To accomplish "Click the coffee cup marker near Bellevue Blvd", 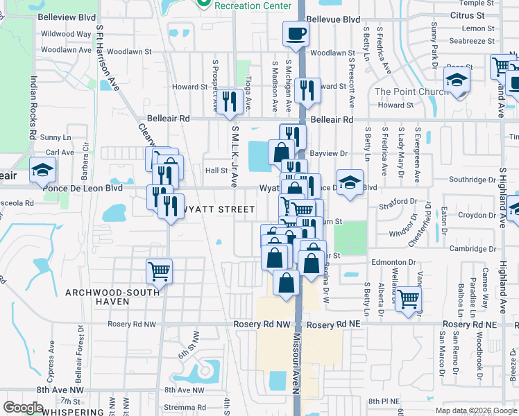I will pyautogui.click(x=296, y=33).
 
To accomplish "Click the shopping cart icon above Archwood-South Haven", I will pyautogui.click(x=160, y=271).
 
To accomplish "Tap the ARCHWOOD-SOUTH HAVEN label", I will pyautogui.click(x=97, y=297).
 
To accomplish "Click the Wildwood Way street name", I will pyautogui.click(x=66, y=33).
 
